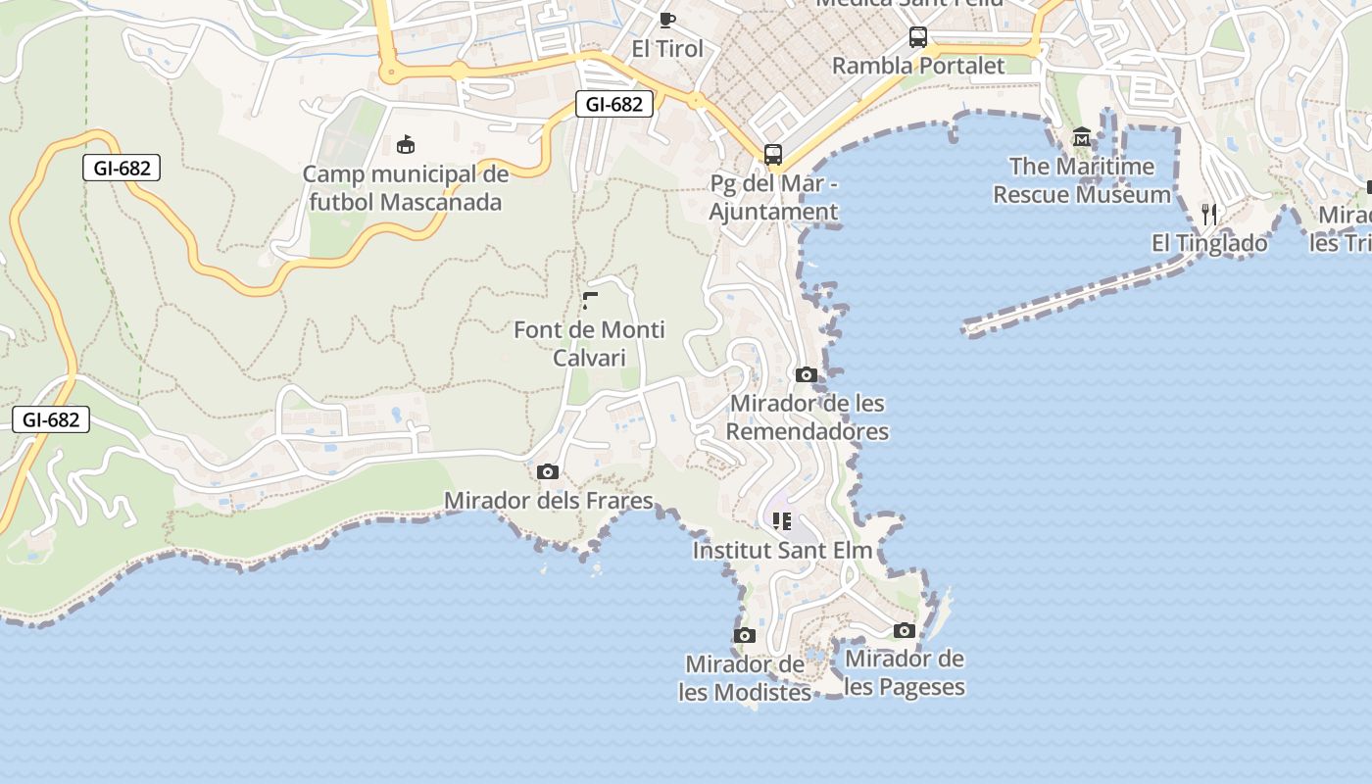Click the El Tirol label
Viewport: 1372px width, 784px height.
click(x=667, y=49)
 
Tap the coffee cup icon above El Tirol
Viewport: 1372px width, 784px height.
click(x=667, y=19)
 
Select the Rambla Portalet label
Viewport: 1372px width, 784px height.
click(x=918, y=66)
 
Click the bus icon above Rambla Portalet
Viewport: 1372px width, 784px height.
click(x=918, y=37)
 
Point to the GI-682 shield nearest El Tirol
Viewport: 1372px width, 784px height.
click(x=614, y=104)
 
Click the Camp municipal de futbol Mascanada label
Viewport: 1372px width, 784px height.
click(x=405, y=188)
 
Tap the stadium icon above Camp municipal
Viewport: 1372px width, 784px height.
click(x=405, y=145)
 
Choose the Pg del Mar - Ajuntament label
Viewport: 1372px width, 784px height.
click(x=773, y=197)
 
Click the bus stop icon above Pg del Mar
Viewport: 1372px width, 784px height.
click(x=773, y=154)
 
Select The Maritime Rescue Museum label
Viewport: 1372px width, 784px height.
click(x=1082, y=180)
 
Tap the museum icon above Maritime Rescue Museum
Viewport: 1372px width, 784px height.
click(x=1082, y=136)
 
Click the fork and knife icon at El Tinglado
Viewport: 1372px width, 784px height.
click(x=1209, y=214)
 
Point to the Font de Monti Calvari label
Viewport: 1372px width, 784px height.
click(x=589, y=343)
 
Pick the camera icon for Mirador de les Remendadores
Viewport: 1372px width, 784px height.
click(x=807, y=374)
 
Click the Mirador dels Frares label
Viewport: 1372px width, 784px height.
click(x=548, y=501)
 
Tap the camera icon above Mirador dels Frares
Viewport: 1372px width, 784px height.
click(x=548, y=472)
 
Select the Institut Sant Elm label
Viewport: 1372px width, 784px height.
click(x=782, y=550)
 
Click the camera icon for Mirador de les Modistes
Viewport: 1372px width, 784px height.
click(x=745, y=635)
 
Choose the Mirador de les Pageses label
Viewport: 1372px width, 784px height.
click(x=905, y=672)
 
